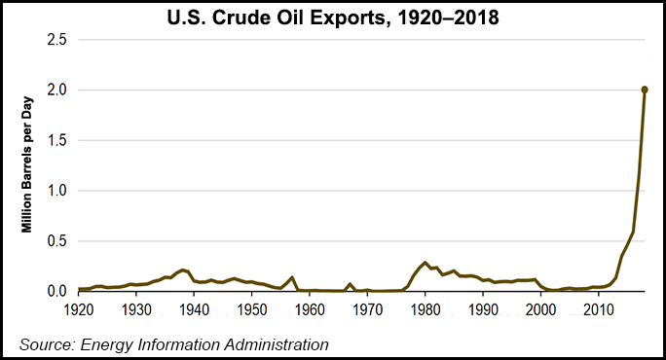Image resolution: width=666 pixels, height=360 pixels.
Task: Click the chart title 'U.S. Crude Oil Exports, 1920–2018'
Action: pyautogui.click(x=334, y=18)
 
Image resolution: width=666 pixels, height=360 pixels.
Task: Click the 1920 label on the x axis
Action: pyautogui.click(x=79, y=308)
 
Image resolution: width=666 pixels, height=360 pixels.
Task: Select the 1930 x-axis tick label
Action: pyautogui.click(x=137, y=308)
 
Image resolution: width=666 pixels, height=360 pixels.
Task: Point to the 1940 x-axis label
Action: pyautogui.click(x=195, y=308)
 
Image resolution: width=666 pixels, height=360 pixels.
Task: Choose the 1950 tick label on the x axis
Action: pyautogui.click(x=252, y=308)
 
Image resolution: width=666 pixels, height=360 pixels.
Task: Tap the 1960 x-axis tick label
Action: pyautogui.click(x=311, y=308)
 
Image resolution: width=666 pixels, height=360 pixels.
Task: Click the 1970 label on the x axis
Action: pyautogui.click(x=368, y=308)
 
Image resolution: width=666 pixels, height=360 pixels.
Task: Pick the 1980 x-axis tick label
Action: pyautogui.click(x=425, y=308)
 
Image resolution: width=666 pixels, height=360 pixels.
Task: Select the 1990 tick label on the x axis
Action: pyautogui.click(x=483, y=308)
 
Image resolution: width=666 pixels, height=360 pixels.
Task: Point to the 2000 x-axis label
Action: pyautogui.click(x=540, y=308)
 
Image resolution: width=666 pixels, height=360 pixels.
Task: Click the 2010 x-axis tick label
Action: pyautogui.click(x=598, y=308)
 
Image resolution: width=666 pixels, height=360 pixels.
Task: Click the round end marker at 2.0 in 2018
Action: pyautogui.click(x=645, y=90)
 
